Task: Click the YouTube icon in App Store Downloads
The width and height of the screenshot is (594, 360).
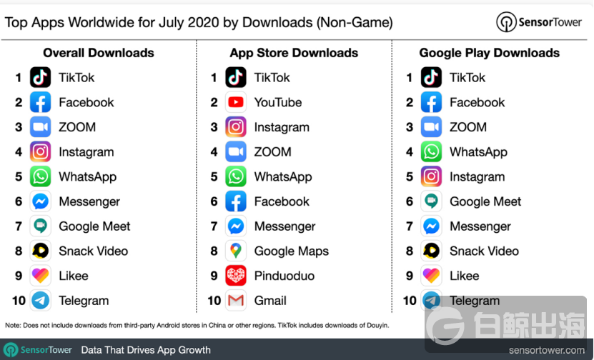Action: coord(236,102)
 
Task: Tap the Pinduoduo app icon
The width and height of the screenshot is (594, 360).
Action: coord(236,276)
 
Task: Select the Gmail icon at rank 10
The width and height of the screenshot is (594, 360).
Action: coord(236,301)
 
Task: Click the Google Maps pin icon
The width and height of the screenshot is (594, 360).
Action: coord(236,251)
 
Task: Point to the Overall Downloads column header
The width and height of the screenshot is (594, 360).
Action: coord(99,53)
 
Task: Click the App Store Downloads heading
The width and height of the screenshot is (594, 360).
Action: coord(294,53)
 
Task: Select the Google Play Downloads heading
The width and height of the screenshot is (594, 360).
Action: coord(490,53)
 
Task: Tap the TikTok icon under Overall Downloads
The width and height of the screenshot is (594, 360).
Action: coord(41,77)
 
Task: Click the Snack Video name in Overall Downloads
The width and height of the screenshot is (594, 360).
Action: coord(93,251)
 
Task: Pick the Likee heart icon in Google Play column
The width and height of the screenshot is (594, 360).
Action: coord(431,276)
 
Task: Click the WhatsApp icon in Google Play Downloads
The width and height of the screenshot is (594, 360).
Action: coord(431,151)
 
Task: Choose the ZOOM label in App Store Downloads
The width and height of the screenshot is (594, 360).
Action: coord(272,151)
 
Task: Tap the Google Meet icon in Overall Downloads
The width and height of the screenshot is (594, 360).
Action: coord(41,226)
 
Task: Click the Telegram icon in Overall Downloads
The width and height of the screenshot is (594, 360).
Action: coord(41,301)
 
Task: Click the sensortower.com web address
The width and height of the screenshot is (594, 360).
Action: coord(546,350)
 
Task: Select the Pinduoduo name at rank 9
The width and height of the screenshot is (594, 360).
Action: coord(284,276)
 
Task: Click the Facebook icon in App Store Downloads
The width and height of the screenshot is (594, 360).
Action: coord(236,201)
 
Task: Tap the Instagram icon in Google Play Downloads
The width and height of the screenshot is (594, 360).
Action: coord(431,176)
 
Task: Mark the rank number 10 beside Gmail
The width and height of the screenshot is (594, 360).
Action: coord(214,301)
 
